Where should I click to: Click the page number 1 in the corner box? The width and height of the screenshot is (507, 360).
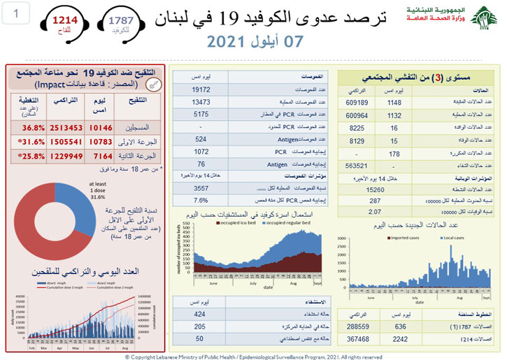click(17, 13)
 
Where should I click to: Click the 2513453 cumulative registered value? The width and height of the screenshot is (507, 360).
click(66, 128)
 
